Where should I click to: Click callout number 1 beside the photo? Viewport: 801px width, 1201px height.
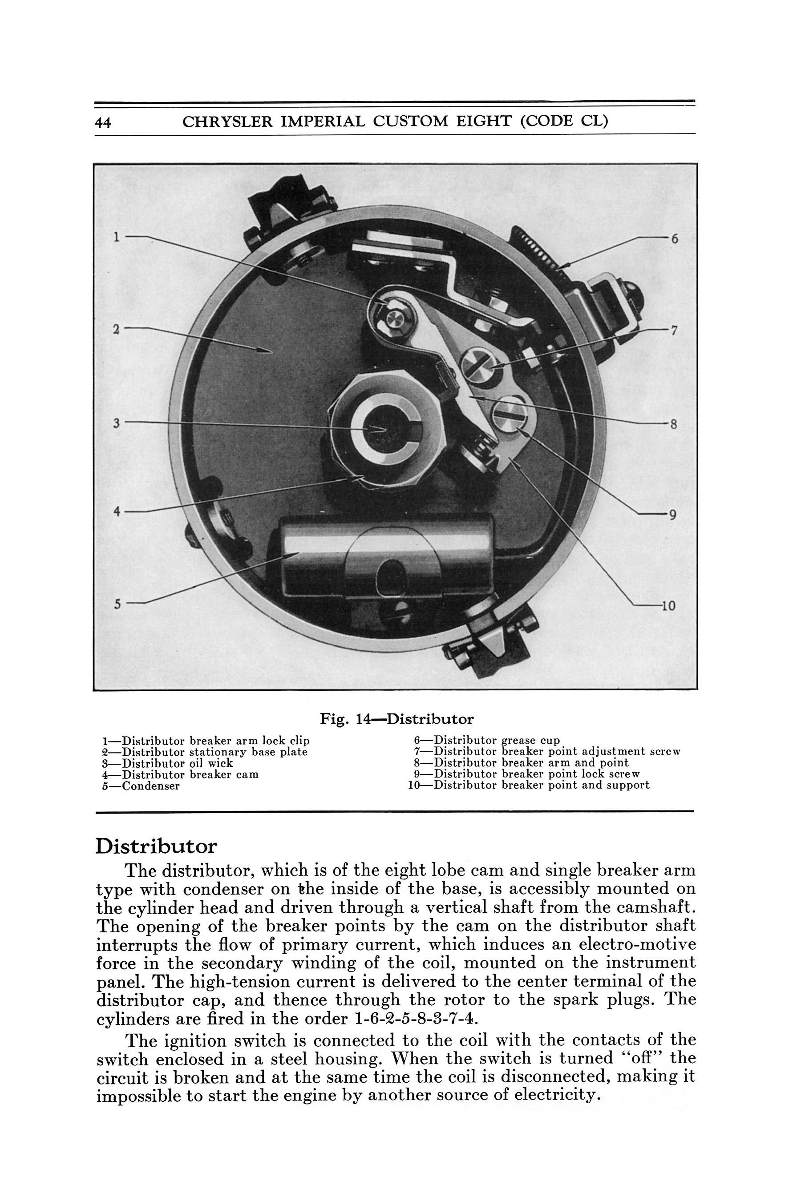click(x=117, y=237)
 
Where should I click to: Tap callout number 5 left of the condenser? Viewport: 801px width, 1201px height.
click(x=117, y=604)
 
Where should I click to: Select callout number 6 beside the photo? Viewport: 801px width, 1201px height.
click(x=674, y=238)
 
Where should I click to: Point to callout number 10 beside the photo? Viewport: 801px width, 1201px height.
click(x=668, y=606)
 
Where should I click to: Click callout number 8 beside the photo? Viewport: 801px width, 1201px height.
click(x=673, y=424)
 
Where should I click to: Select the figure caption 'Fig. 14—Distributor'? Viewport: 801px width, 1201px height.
click(x=396, y=719)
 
